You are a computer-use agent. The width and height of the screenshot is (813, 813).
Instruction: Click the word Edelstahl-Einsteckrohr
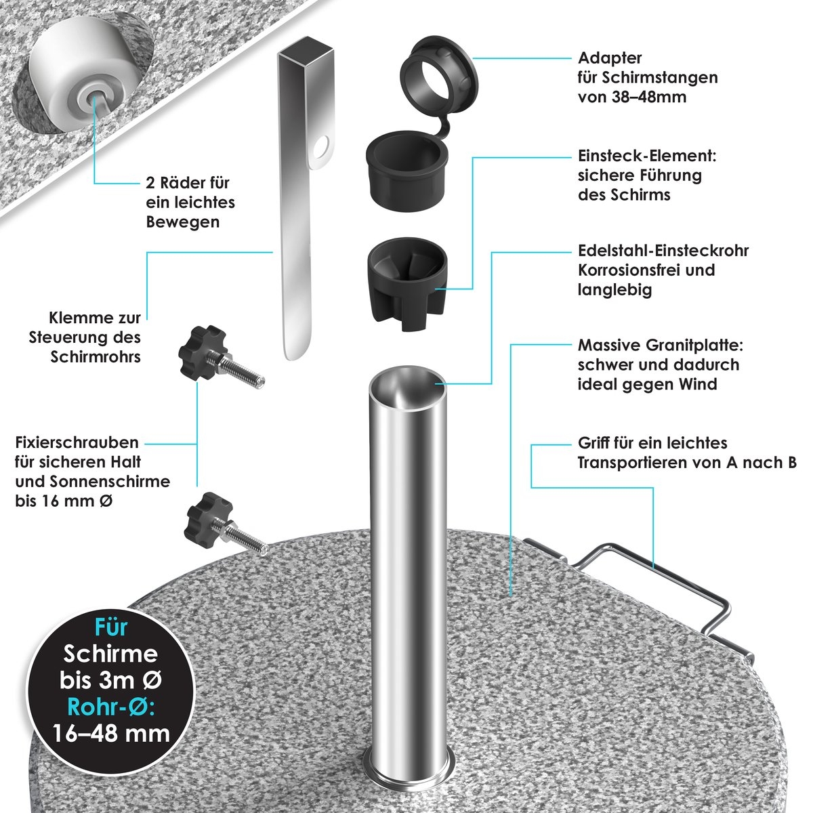663,251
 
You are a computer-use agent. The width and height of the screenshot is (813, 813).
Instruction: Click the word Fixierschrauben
77,442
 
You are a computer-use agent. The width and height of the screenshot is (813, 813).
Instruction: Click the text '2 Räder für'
188,183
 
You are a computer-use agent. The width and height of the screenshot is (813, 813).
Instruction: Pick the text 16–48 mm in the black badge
111,734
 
